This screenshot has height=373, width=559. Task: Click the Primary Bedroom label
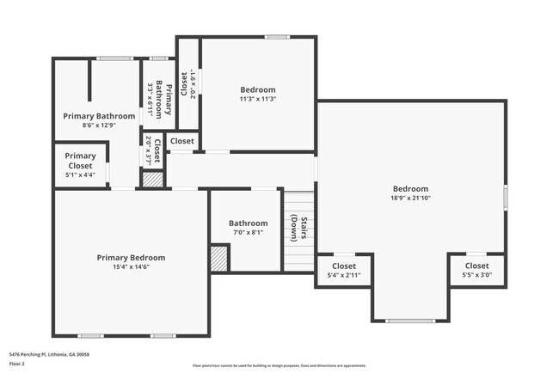click(x=131, y=257)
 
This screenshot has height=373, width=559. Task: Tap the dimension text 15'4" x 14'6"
click(x=131, y=266)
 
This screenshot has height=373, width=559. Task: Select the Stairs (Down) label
click(x=295, y=228)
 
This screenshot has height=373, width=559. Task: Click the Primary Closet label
click(x=81, y=161)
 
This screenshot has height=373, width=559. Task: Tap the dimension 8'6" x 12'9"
click(x=99, y=125)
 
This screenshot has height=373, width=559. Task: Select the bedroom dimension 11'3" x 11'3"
click(x=258, y=99)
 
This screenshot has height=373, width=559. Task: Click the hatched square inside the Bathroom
click(x=219, y=258)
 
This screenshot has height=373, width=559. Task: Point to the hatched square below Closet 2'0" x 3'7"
click(x=152, y=180)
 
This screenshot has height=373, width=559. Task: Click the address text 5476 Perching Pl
click(x=49, y=354)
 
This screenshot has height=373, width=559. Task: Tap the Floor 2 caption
click(x=17, y=364)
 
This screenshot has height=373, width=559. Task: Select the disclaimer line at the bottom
click(x=279, y=364)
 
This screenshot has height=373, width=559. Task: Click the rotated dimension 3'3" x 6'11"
click(x=151, y=99)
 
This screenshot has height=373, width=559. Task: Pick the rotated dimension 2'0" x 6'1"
click(x=193, y=84)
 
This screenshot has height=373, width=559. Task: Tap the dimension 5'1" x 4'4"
click(x=81, y=174)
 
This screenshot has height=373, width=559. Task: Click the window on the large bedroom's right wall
click(x=506, y=197)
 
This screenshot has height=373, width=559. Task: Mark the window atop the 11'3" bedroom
click(x=276, y=37)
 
